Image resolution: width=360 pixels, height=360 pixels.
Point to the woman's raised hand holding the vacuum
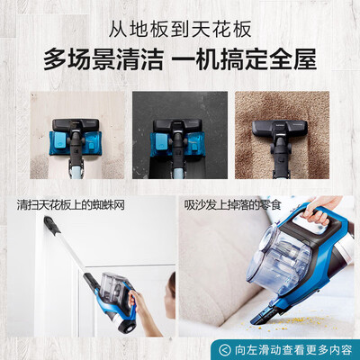coord(145,296)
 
